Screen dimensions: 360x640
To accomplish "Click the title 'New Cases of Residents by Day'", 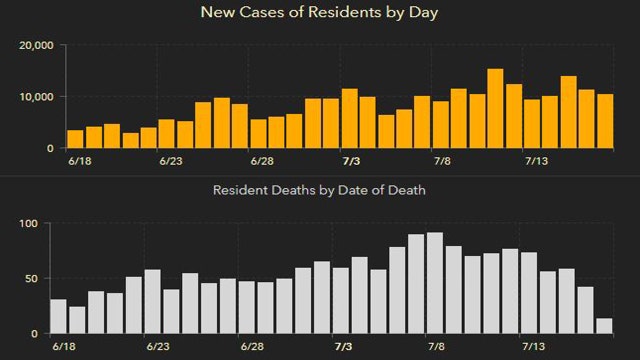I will (x=320, y=13).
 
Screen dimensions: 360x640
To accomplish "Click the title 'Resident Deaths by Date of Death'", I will (x=320, y=190).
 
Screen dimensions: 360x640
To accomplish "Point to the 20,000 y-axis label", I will (x=37, y=46).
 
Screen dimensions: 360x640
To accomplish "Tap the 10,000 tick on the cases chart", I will (x=37, y=97).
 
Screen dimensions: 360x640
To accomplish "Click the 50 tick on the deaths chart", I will (x=31, y=278).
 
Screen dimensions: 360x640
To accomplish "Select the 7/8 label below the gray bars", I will (x=437, y=346).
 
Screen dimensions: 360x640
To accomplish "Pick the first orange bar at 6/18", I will (x=75, y=139).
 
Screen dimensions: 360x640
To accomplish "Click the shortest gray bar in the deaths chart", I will (x=605, y=326).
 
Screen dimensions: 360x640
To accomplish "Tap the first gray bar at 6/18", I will (x=58, y=316).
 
